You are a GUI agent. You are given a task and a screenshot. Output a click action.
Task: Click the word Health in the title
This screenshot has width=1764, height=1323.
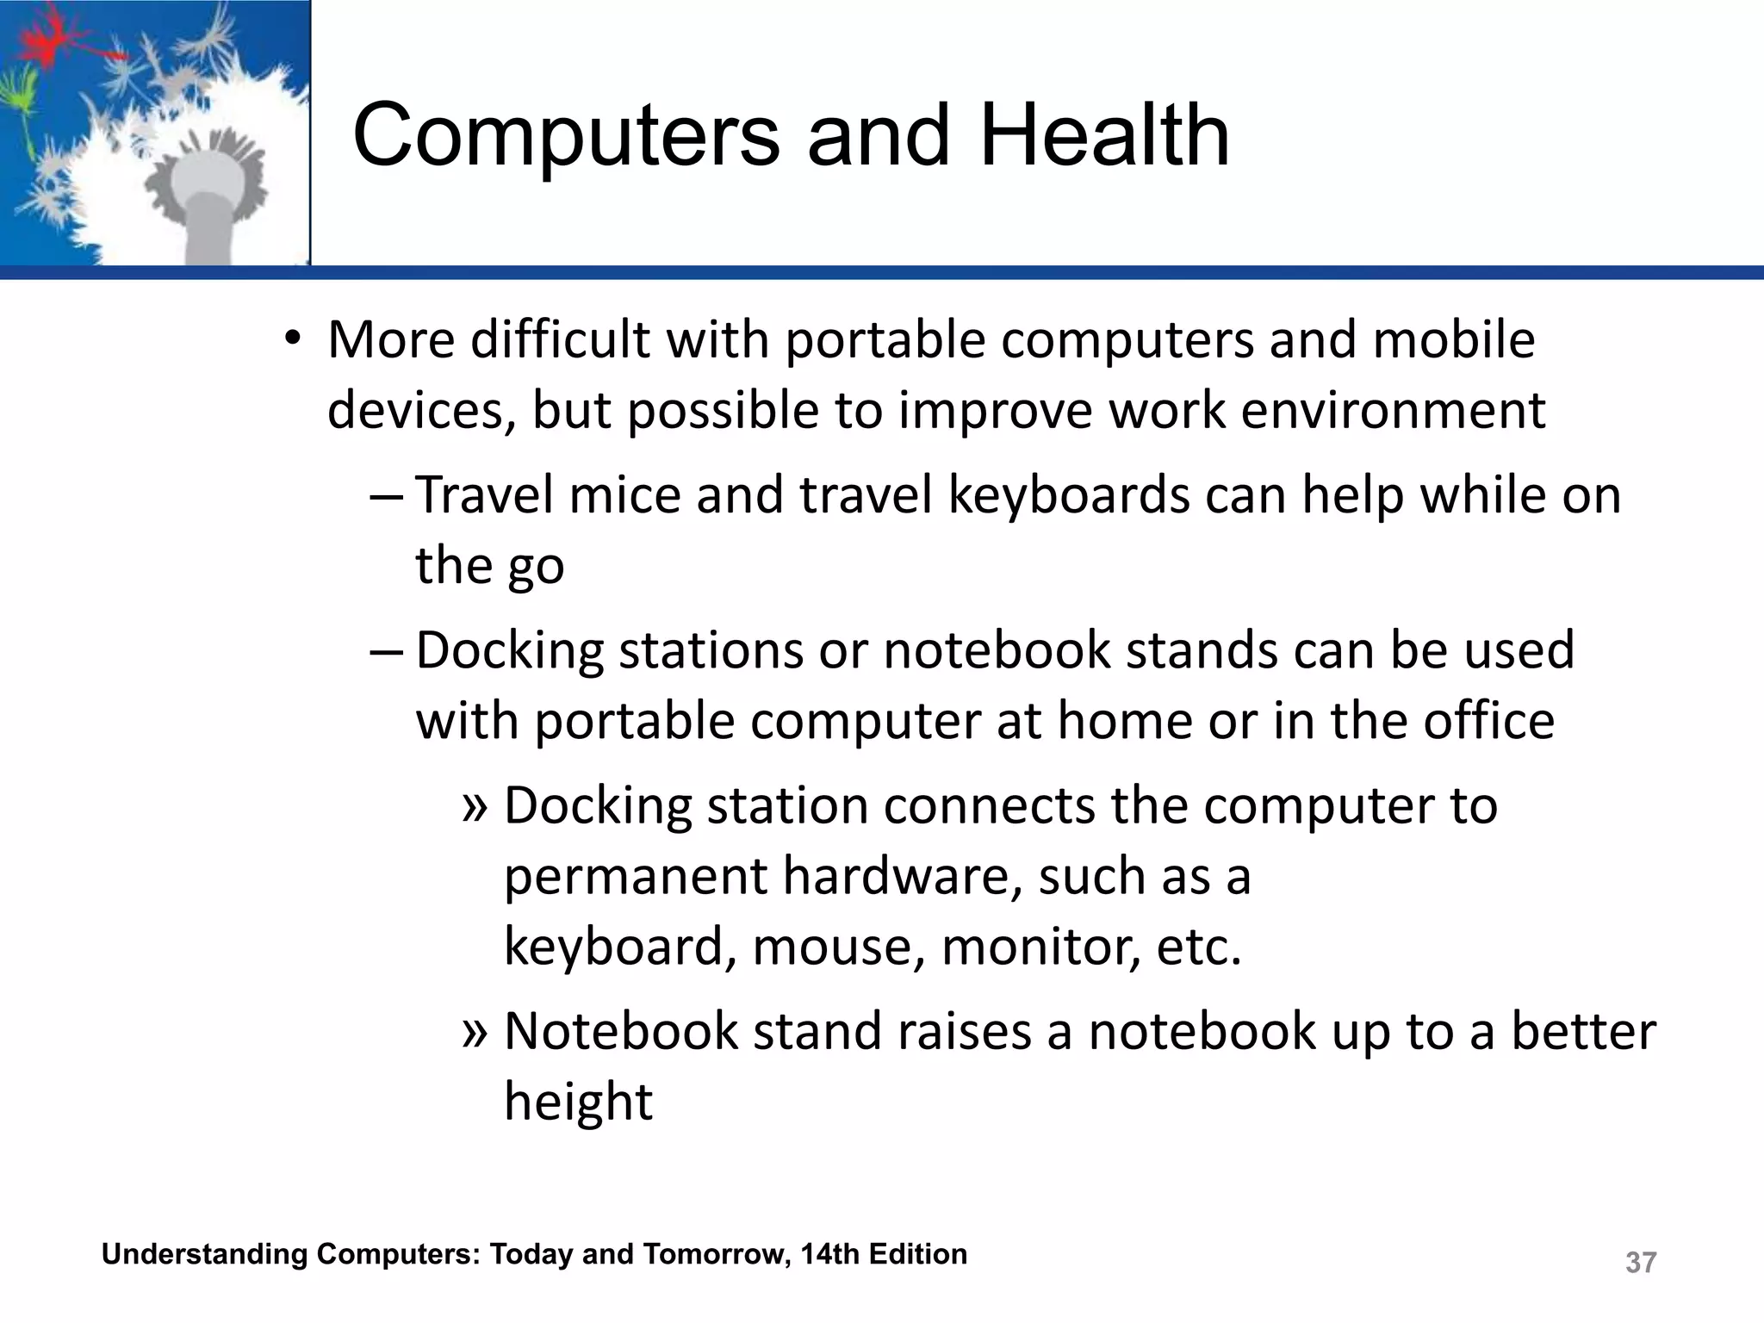point(1105,135)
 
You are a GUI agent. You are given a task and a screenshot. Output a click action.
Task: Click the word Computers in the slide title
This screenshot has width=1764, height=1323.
point(566,135)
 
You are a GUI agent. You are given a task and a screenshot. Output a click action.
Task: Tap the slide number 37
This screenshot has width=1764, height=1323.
point(1640,1262)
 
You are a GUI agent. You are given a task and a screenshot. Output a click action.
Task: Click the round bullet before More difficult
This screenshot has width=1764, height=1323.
point(293,339)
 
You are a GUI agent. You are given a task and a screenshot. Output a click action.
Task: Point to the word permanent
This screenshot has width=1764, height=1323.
point(634,878)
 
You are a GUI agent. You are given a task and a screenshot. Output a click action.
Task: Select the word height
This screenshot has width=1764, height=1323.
point(578,1102)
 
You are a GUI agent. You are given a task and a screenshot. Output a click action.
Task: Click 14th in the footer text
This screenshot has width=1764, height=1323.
point(830,1254)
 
